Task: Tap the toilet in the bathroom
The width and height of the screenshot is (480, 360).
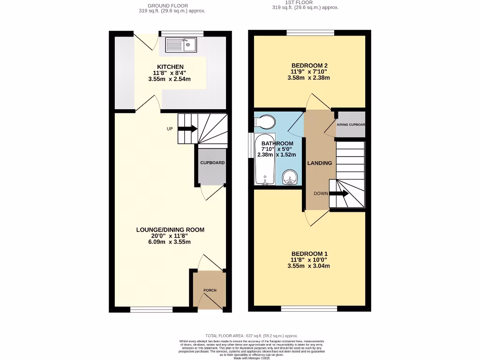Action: (x=265, y=121)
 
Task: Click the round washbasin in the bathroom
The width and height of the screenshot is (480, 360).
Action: (x=291, y=178)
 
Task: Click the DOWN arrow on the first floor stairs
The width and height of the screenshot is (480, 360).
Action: (x=338, y=193)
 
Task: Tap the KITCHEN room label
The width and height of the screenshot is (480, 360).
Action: (x=170, y=67)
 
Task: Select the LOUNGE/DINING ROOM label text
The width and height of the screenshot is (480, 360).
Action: (x=170, y=230)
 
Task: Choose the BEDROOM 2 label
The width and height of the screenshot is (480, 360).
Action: (x=309, y=65)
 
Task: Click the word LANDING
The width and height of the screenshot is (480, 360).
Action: (x=319, y=163)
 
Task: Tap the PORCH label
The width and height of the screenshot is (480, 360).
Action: (x=210, y=290)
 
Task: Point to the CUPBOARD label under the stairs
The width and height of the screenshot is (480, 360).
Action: (x=212, y=163)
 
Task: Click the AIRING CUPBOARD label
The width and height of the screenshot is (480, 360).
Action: (x=351, y=125)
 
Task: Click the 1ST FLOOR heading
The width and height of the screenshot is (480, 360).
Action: (x=305, y=2)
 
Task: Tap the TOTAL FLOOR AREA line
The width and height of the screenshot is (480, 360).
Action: (x=240, y=336)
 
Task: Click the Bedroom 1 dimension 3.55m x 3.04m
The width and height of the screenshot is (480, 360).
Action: (x=308, y=266)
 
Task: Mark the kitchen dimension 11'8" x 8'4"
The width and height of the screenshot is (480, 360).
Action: (x=169, y=73)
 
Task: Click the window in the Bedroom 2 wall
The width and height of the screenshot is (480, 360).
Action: (x=310, y=33)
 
